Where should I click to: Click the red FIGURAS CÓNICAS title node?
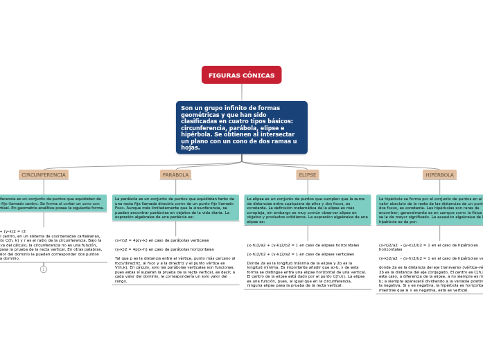241,75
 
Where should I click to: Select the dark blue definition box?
241,127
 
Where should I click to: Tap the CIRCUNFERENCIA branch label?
44,175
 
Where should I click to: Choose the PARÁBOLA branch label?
175,175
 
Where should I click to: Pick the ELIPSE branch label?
307,175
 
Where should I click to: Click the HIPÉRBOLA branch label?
439,175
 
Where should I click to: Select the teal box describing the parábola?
175,208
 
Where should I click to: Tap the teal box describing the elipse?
307,210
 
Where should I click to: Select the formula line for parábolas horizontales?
164,249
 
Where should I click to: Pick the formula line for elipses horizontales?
303,245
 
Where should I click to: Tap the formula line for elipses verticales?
301,254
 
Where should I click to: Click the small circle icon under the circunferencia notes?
44,269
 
